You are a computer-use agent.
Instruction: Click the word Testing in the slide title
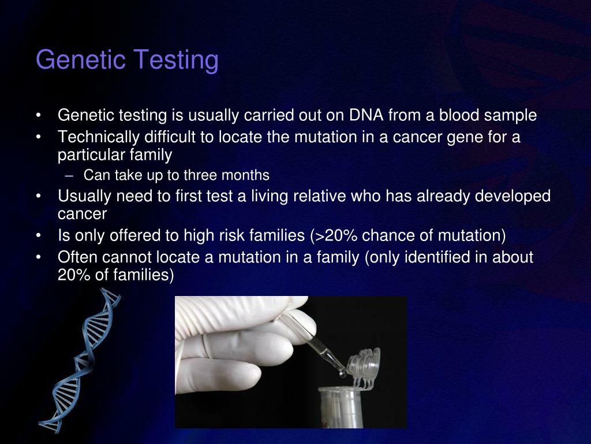pyautogui.click(x=176, y=60)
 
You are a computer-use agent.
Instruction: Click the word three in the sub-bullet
pyautogui.click(x=202, y=175)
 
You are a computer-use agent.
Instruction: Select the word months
pyautogui.click(x=246, y=175)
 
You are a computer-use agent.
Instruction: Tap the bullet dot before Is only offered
pyautogui.click(x=38, y=236)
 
